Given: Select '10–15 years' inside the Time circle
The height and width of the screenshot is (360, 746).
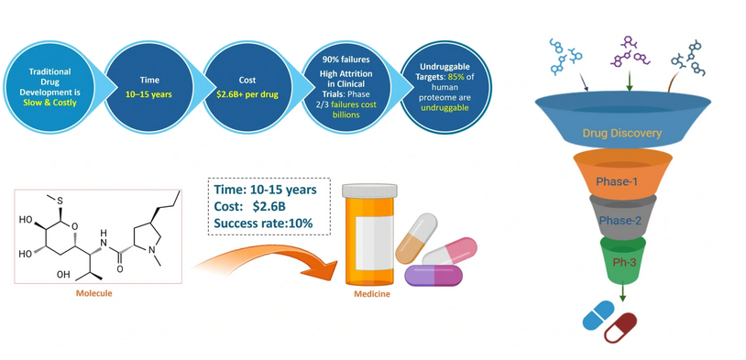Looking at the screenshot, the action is pos(148,94).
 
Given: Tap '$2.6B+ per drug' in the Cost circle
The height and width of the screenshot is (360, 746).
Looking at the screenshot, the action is pos(247,94).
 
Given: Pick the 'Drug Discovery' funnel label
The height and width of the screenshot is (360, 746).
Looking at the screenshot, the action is pos(623,133).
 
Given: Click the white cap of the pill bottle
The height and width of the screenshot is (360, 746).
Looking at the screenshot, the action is pos(369,190).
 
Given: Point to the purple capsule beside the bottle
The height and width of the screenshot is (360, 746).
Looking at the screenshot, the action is pos(433,276).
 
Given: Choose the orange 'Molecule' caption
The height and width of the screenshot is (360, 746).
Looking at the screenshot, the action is pos(94,293).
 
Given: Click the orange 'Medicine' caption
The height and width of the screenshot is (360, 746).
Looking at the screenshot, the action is pos(371,294).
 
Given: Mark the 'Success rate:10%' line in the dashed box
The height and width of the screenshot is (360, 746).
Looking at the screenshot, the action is pos(263,223).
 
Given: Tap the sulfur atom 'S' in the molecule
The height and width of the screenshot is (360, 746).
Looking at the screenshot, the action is pos(60,202).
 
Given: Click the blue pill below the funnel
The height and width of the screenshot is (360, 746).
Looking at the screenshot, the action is pos(598,315).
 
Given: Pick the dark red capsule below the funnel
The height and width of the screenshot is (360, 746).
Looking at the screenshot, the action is pos(620,328).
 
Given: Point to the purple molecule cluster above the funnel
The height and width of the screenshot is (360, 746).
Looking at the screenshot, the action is pos(630,51).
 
